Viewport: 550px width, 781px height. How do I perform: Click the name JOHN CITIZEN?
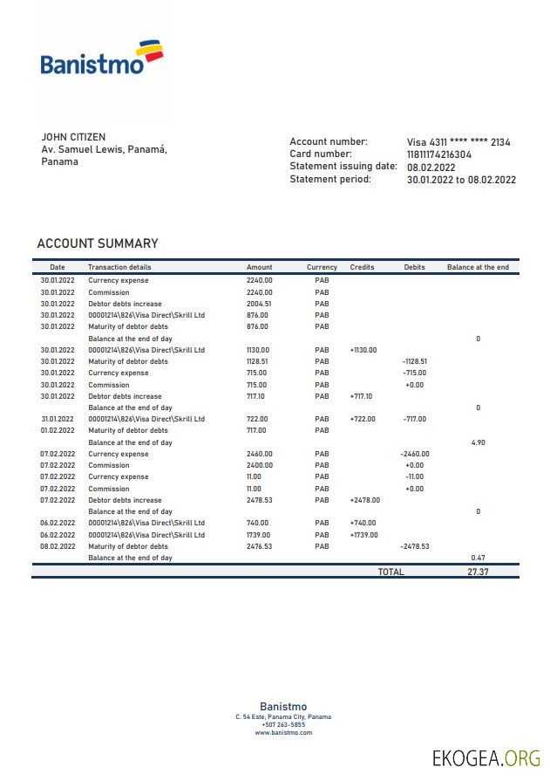[73, 137]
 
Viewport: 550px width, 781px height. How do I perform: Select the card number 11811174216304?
[439, 154]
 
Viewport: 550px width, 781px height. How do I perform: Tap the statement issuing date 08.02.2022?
[431, 168]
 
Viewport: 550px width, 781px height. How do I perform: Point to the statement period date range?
[461, 180]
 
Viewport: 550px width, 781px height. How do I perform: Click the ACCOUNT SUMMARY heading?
[98, 243]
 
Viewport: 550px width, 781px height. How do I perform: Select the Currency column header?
[322, 267]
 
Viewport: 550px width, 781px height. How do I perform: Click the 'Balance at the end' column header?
[478, 267]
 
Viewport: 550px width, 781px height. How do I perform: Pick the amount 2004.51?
[259, 304]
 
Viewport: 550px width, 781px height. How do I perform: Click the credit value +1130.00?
[363, 350]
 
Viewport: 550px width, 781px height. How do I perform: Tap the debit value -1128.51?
[414, 361]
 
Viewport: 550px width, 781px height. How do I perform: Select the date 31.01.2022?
[58, 419]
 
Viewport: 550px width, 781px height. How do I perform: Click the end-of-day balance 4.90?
[478, 442]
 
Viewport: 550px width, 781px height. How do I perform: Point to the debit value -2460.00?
[414, 454]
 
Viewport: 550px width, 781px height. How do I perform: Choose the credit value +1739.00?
[363, 535]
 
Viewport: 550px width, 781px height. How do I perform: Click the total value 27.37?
[478, 572]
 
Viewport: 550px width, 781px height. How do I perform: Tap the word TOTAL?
[390, 572]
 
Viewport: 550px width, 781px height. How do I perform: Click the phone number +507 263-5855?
[283, 724]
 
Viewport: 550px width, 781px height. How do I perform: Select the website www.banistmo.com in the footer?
[283, 732]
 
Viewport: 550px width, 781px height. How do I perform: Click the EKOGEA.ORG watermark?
[486, 758]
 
